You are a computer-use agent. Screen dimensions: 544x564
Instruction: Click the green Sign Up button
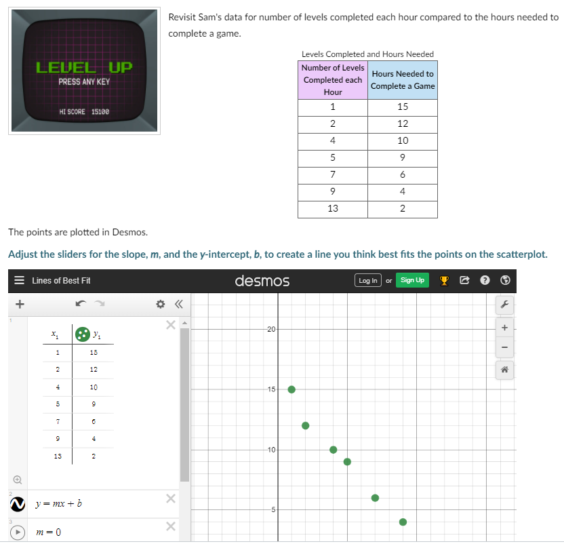[x=412, y=280]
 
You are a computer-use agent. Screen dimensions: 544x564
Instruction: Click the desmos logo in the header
[x=262, y=280]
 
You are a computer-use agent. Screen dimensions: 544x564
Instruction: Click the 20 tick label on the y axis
[x=271, y=329]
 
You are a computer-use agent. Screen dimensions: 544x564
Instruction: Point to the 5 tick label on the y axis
[x=271, y=509]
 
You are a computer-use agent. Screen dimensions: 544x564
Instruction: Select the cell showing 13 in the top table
[x=333, y=209]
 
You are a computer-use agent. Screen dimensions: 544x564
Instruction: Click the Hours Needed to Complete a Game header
[x=403, y=80]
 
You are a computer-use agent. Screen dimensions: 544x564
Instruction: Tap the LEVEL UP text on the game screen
[x=84, y=67]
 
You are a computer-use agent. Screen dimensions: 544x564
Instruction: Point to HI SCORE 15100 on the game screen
[x=84, y=111]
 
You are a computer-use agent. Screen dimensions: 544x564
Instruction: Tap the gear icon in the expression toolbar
[x=160, y=305]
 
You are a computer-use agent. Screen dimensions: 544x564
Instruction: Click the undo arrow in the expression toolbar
[x=81, y=305]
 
